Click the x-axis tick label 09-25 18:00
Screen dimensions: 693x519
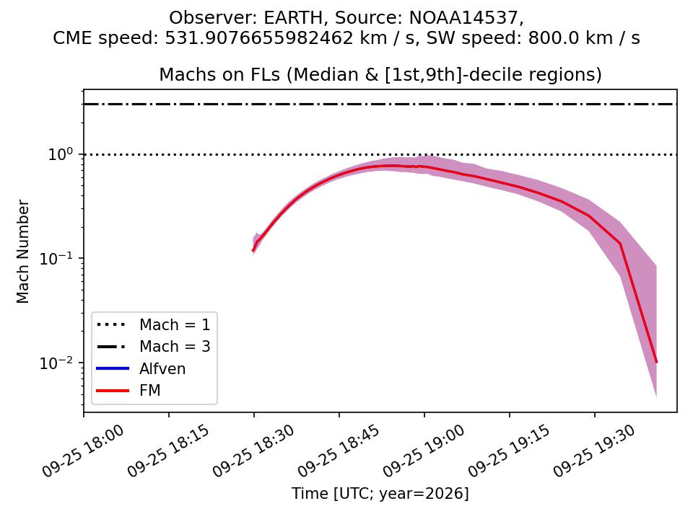click(83, 451)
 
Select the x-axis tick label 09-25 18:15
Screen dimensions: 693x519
click(168, 451)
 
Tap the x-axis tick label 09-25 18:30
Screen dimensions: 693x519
click(253, 451)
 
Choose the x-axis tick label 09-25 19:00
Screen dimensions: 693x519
click(424, 451)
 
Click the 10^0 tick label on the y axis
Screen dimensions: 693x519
click(60, 154)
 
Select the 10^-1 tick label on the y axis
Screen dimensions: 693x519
click(56, 258)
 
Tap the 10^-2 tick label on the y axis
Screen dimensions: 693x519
click(56, 363)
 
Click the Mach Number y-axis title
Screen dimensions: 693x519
click(22, 252)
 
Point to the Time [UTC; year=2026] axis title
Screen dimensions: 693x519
click(380, 493)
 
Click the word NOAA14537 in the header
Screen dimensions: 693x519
click(463, 18)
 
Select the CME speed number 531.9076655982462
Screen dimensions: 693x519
click(259, 38)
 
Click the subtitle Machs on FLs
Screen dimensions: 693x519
click(219, 74)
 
